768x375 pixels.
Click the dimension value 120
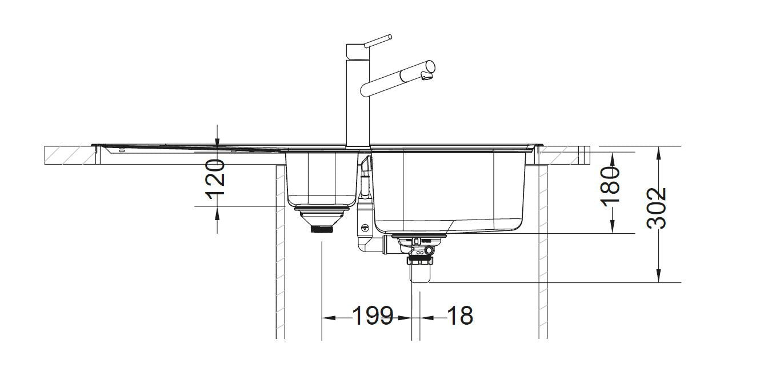pyautogui.click(x=215, y=178)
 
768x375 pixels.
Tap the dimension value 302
pyautogui.click(x=657, y=208)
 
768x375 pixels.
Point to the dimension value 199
pyautogui.click(x=373, y=316)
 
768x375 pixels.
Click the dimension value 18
pyautogui.click(x=459, y=316)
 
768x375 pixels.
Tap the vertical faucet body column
pyautogui.click(x=358, y=97)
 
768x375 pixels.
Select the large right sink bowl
pyautogui.click(x=449, y=189)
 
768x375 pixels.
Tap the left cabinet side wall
pyautogui.click(x=280, y=252)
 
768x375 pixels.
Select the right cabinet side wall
pyautogui.click(x=543, y=252)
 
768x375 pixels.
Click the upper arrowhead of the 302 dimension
pyautogui.click(x=659, y=153)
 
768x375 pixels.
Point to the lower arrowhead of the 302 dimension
pyautogui.click(x=659, y=277)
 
